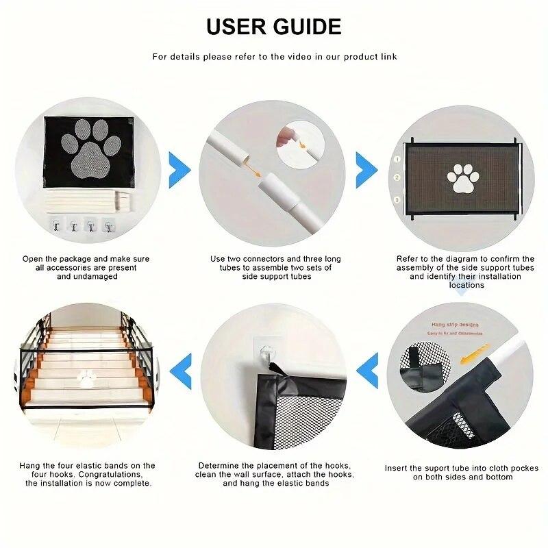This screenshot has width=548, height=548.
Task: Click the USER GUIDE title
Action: (x=274, y=26)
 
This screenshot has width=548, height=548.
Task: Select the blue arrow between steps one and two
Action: (x=179, y=167)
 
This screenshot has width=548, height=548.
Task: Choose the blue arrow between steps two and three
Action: (x=366, y=167)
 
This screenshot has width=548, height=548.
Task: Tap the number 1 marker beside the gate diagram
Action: (x=397, y=159)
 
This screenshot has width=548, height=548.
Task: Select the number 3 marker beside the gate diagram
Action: (x=397, y=199)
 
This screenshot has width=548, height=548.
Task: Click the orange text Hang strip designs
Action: (x=455, y=325)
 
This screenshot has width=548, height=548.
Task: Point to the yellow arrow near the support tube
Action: (x=474, y=351)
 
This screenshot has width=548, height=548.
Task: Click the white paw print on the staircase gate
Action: (x=86, y=377)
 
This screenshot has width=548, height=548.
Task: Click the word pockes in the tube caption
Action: (x=524, y=469)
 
